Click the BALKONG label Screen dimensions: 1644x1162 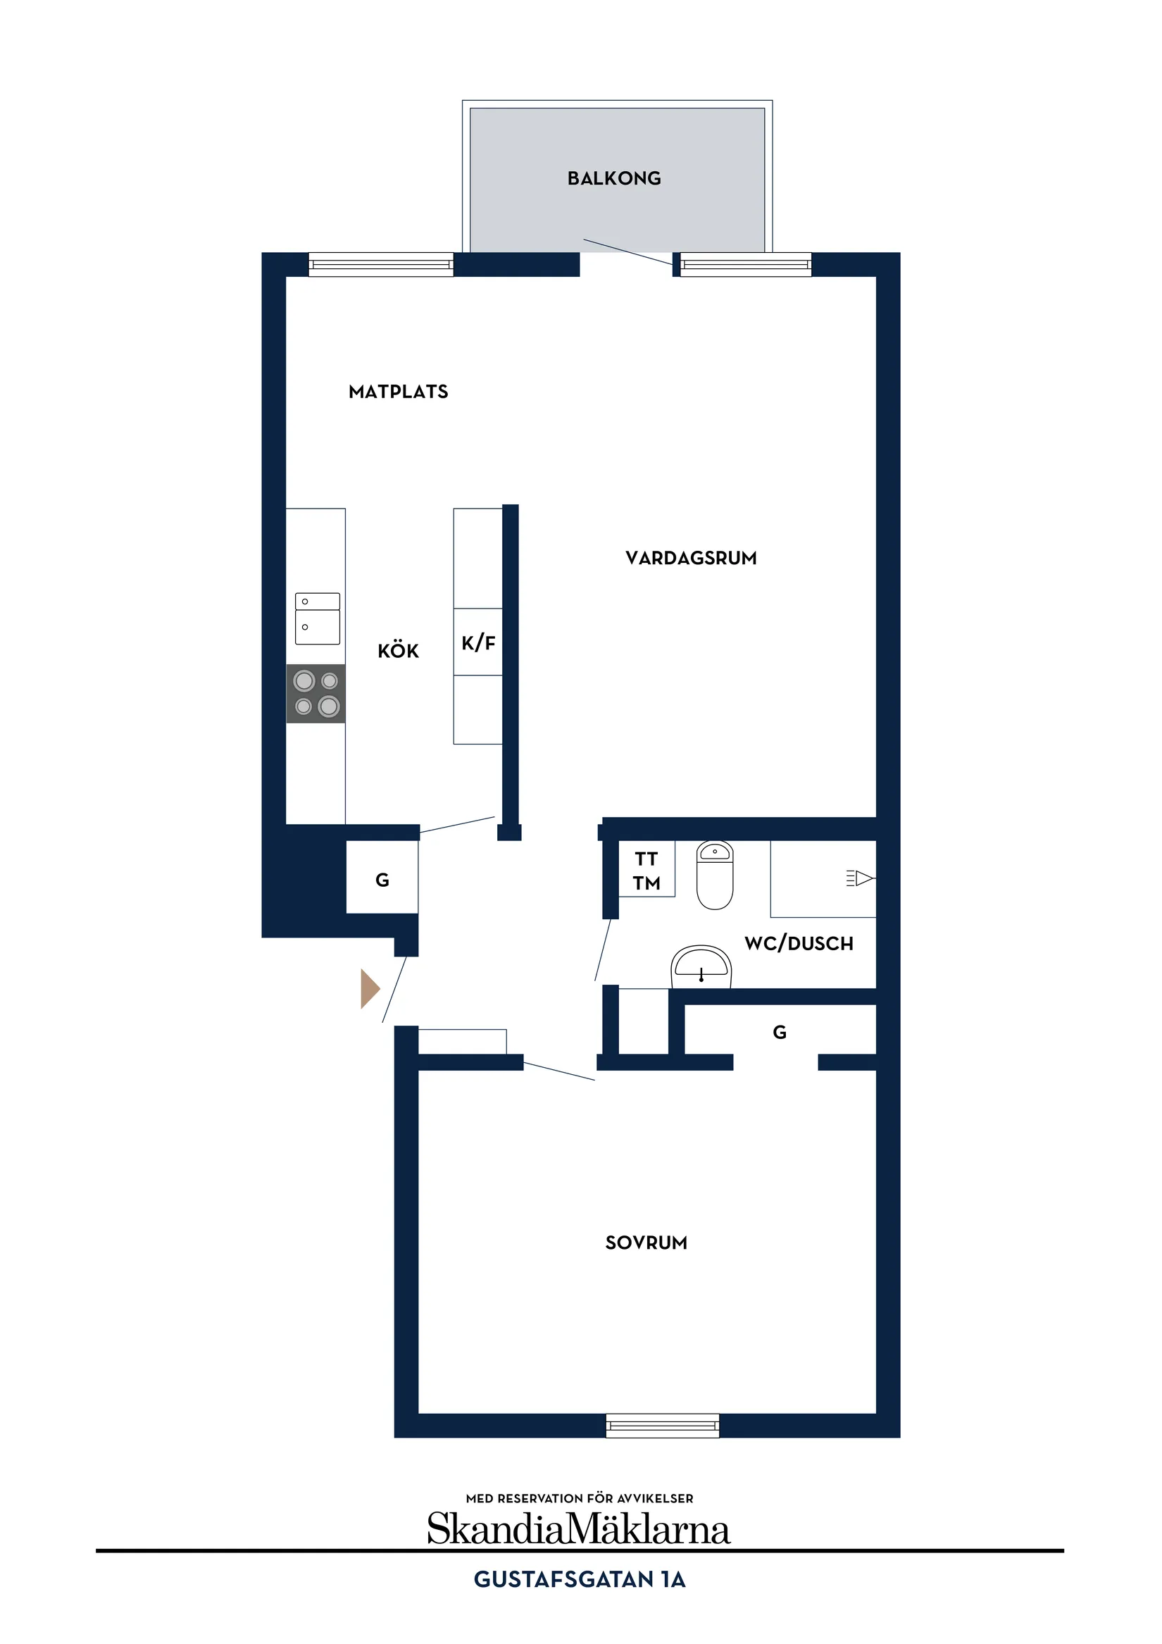click(613, 178)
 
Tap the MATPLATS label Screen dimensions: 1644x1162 click(398, 392)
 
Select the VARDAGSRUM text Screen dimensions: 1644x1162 click(690, 558)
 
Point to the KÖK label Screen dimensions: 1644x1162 click(398, 651)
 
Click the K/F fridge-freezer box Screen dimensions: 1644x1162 click(477, 642)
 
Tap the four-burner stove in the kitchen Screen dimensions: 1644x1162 click(316, 693)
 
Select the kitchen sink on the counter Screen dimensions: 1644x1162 click(317, 618)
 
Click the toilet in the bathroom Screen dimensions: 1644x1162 click(714, 875)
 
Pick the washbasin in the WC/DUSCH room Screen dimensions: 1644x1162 click(700, 966)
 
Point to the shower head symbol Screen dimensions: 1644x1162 click(861, 878)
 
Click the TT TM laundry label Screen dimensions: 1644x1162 click(646, 871)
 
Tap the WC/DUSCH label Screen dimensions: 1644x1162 click(799, 944)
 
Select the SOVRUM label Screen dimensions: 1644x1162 click(646, 1243)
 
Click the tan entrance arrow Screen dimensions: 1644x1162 click(370, 989)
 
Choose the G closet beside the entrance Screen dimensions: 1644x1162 click(382, 880)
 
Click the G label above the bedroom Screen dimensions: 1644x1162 click(779, 1032)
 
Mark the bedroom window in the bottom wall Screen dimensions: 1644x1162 click(662, 1425)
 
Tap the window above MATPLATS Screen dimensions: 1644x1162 click(381, 264)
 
